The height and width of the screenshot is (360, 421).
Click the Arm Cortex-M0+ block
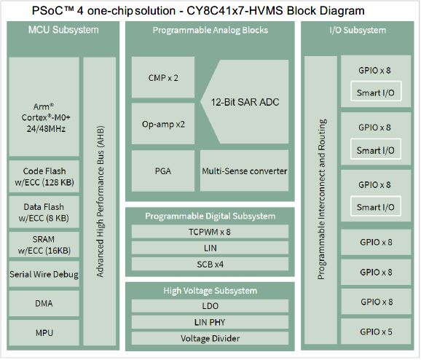(44, 106)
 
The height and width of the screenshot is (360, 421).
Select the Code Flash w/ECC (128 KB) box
(44, 176)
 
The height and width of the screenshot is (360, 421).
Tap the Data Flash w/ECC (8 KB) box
(44, 212)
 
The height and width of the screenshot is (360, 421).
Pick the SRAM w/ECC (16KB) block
(44, 245)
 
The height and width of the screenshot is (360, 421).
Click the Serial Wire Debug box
(44, 274)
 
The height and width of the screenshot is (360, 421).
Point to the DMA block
(44, 303)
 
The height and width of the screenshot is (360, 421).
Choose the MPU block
(44, 332)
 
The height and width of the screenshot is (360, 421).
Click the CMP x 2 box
(163, 78)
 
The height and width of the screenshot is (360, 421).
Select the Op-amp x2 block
(163, 124)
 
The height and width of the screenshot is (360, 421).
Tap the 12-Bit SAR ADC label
(245, 102)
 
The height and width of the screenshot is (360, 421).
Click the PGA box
(163, 171)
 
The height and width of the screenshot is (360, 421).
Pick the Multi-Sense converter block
(244, 171)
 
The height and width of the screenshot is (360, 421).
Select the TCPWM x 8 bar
(210, 232)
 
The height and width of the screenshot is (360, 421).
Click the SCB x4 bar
(210, 265)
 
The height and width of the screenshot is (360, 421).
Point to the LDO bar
(210, 306)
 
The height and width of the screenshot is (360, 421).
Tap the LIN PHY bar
(210, 322)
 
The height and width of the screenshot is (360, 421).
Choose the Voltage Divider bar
(210, 338)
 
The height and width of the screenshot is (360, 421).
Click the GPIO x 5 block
(376, 332)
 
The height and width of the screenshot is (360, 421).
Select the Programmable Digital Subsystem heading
(210, 216)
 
